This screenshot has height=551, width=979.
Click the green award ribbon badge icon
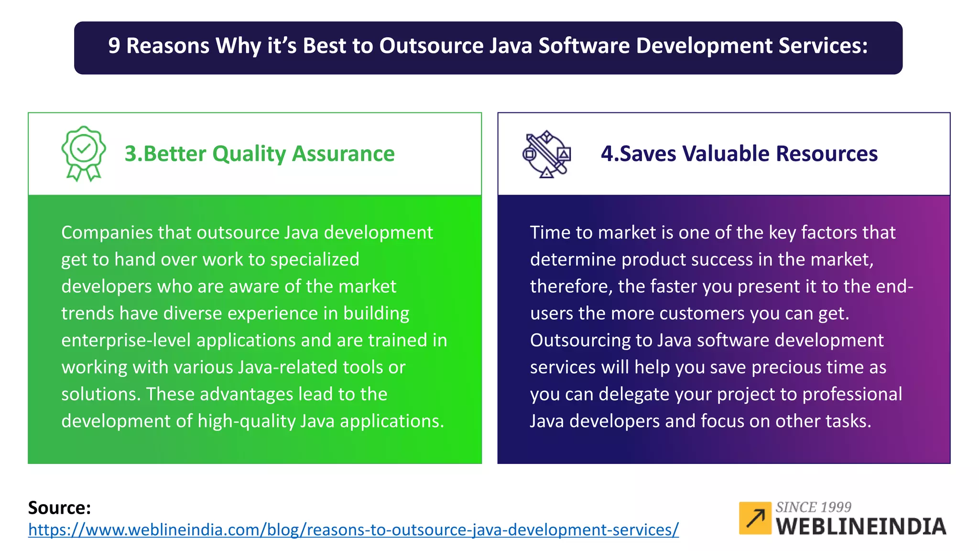(84, 153)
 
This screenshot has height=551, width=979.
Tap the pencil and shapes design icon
(546, 154)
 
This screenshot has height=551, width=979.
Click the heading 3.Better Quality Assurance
(260, 154)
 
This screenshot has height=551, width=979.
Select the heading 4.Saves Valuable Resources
(739, 154)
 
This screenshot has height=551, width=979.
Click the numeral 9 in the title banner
(114, 46)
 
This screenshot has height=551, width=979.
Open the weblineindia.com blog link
(353, 530)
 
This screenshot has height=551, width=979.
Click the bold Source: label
(59, 507)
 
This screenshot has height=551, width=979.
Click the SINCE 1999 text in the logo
(813, 507)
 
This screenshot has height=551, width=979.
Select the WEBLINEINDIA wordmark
(861, 527)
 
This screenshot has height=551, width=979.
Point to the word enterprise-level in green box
(126, 340)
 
